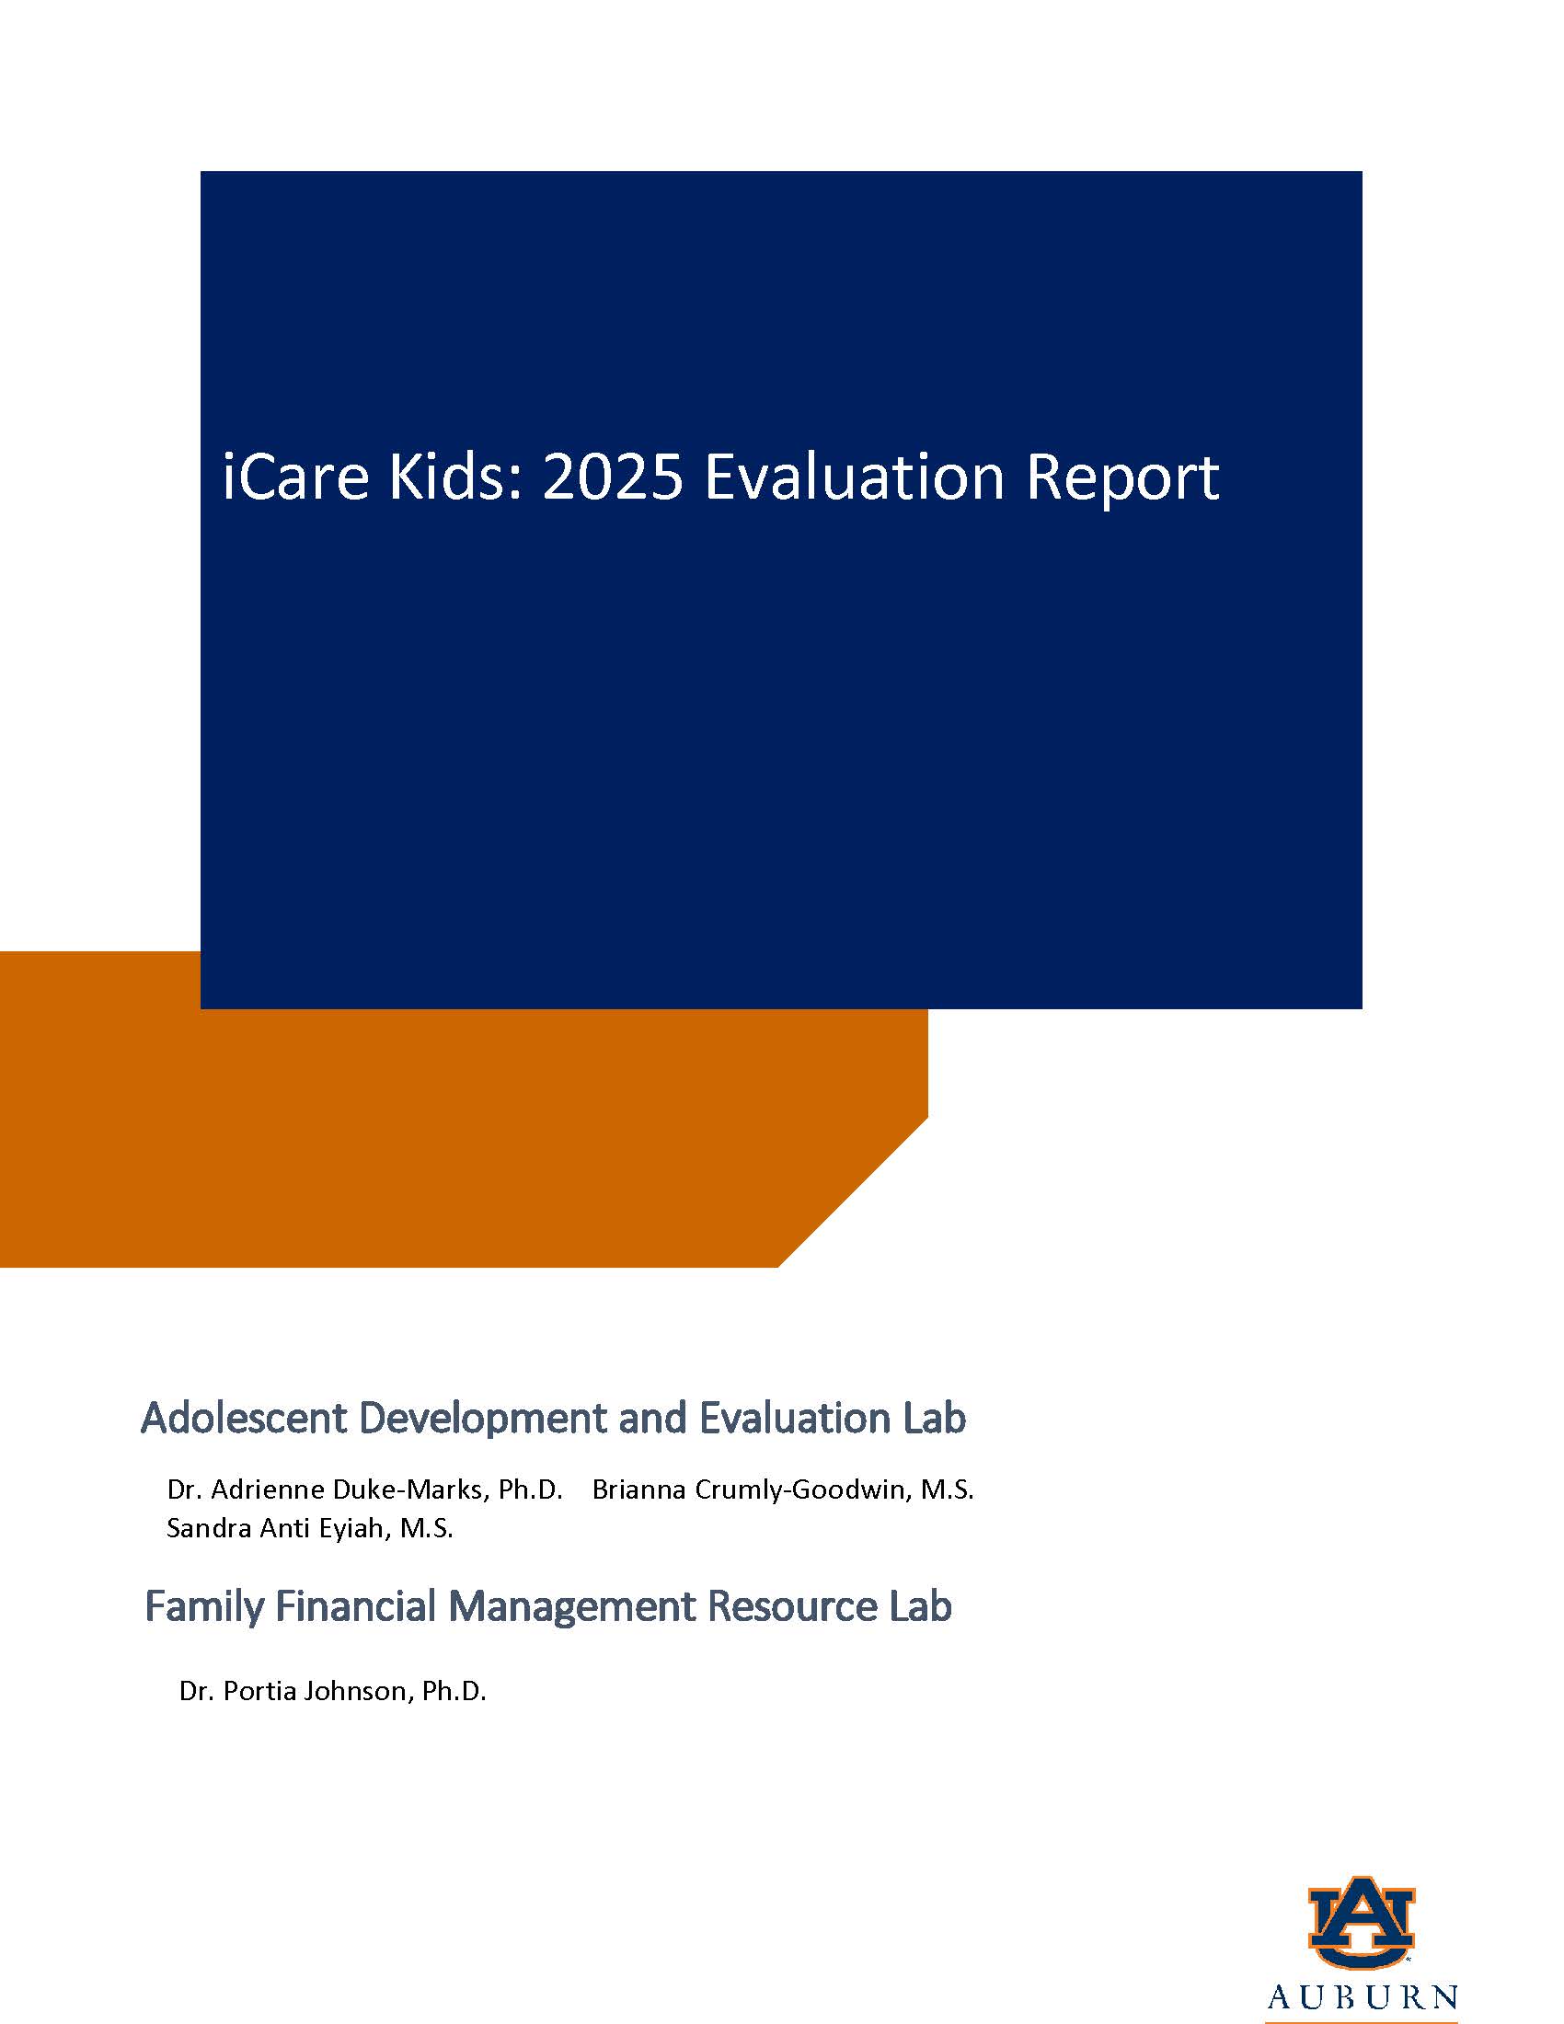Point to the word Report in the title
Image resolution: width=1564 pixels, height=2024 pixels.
(1122, 479)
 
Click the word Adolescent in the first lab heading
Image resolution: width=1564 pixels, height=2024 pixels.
(244, 1418)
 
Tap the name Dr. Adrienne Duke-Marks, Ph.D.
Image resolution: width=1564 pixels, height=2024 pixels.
(365, 1489)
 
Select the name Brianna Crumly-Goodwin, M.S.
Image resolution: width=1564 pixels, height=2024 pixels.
(783, 1489)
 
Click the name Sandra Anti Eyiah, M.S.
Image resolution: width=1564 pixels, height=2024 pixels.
(309, 1527)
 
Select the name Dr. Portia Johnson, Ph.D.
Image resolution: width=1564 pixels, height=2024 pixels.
(333, 1691)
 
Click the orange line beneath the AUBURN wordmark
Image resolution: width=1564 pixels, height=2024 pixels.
(1361, 2020)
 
